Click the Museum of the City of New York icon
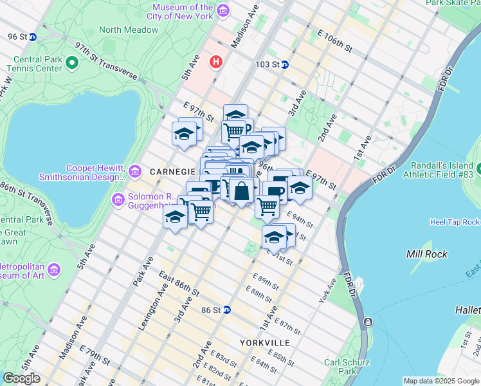pyautogui.click(x=223, y=10)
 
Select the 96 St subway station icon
pyautogui.click(x=32, y=37)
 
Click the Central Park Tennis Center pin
pyautogui.click(x=71, y=62)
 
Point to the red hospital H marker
pyautogui.click(x=216, y=62)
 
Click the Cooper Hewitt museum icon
pyautogui.click(x=135, y=171)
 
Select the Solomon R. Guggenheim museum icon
pyautogui.click(x=118, y=199)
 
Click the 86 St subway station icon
pyautogui.click(x=226, y=309)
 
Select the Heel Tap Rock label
pyautogui.click(x=454, y=222)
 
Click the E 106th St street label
pyautogui.click(x=334, y=39)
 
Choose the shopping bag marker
pyautogui.click(x=241, y=192)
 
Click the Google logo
pyautogui.click(x=22, y=378)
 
